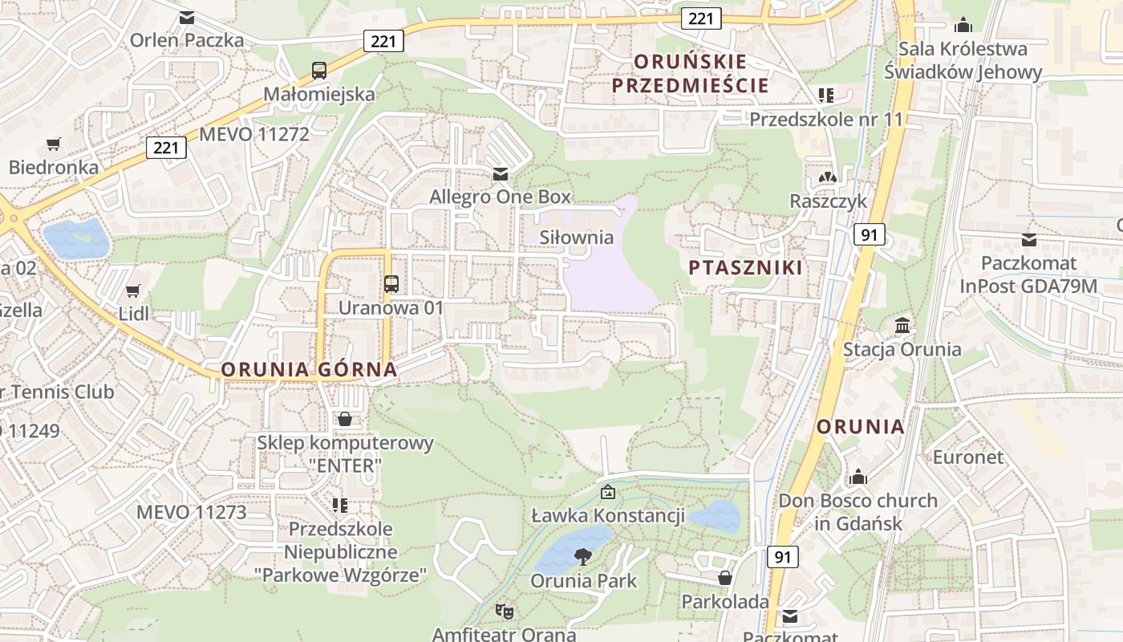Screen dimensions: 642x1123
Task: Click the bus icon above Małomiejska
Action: [319, 70]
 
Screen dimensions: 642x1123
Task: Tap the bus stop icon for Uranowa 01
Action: [391, 283]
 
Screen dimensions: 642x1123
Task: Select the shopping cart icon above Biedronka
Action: [54, 144]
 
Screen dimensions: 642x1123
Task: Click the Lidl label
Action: [133, 313]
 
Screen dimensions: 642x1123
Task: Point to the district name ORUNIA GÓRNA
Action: [309, 370]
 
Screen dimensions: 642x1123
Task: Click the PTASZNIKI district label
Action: [745, 268]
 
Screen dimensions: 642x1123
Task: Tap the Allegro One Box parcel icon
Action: [501, 174]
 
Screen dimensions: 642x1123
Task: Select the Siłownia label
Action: [576, 238]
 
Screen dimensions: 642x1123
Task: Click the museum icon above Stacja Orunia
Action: [902, 326]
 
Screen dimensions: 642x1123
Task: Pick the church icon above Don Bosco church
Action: [858, 477]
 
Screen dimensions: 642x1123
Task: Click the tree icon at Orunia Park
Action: [583, 555]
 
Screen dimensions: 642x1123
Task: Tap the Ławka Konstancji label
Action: [608, 515]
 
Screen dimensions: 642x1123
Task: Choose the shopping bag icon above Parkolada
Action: [725, 578]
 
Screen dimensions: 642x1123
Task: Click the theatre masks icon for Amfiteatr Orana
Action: [504, 612]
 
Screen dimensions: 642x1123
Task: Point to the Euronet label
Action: [967, 457]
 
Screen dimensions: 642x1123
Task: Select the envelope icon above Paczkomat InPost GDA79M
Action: [1029, 239]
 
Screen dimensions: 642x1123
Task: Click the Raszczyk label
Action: [829, 201]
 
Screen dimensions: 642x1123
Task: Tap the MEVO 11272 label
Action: [253, 134]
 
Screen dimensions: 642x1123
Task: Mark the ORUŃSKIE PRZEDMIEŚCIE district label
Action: [690, 73]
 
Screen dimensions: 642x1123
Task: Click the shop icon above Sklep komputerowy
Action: [345, 419]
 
